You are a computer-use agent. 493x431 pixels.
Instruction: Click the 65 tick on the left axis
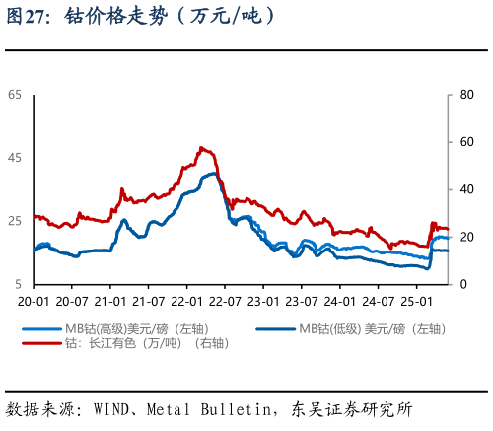tap(15, 95)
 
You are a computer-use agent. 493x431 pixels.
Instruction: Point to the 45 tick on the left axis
tap(15, 158)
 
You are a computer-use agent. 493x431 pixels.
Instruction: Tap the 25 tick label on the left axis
tap(15, 221)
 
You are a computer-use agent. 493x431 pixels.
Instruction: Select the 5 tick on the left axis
tap(18, 284)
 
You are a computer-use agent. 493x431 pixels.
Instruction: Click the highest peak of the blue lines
tap(212, 174)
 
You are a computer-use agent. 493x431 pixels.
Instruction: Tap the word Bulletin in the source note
tap(236, 408)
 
